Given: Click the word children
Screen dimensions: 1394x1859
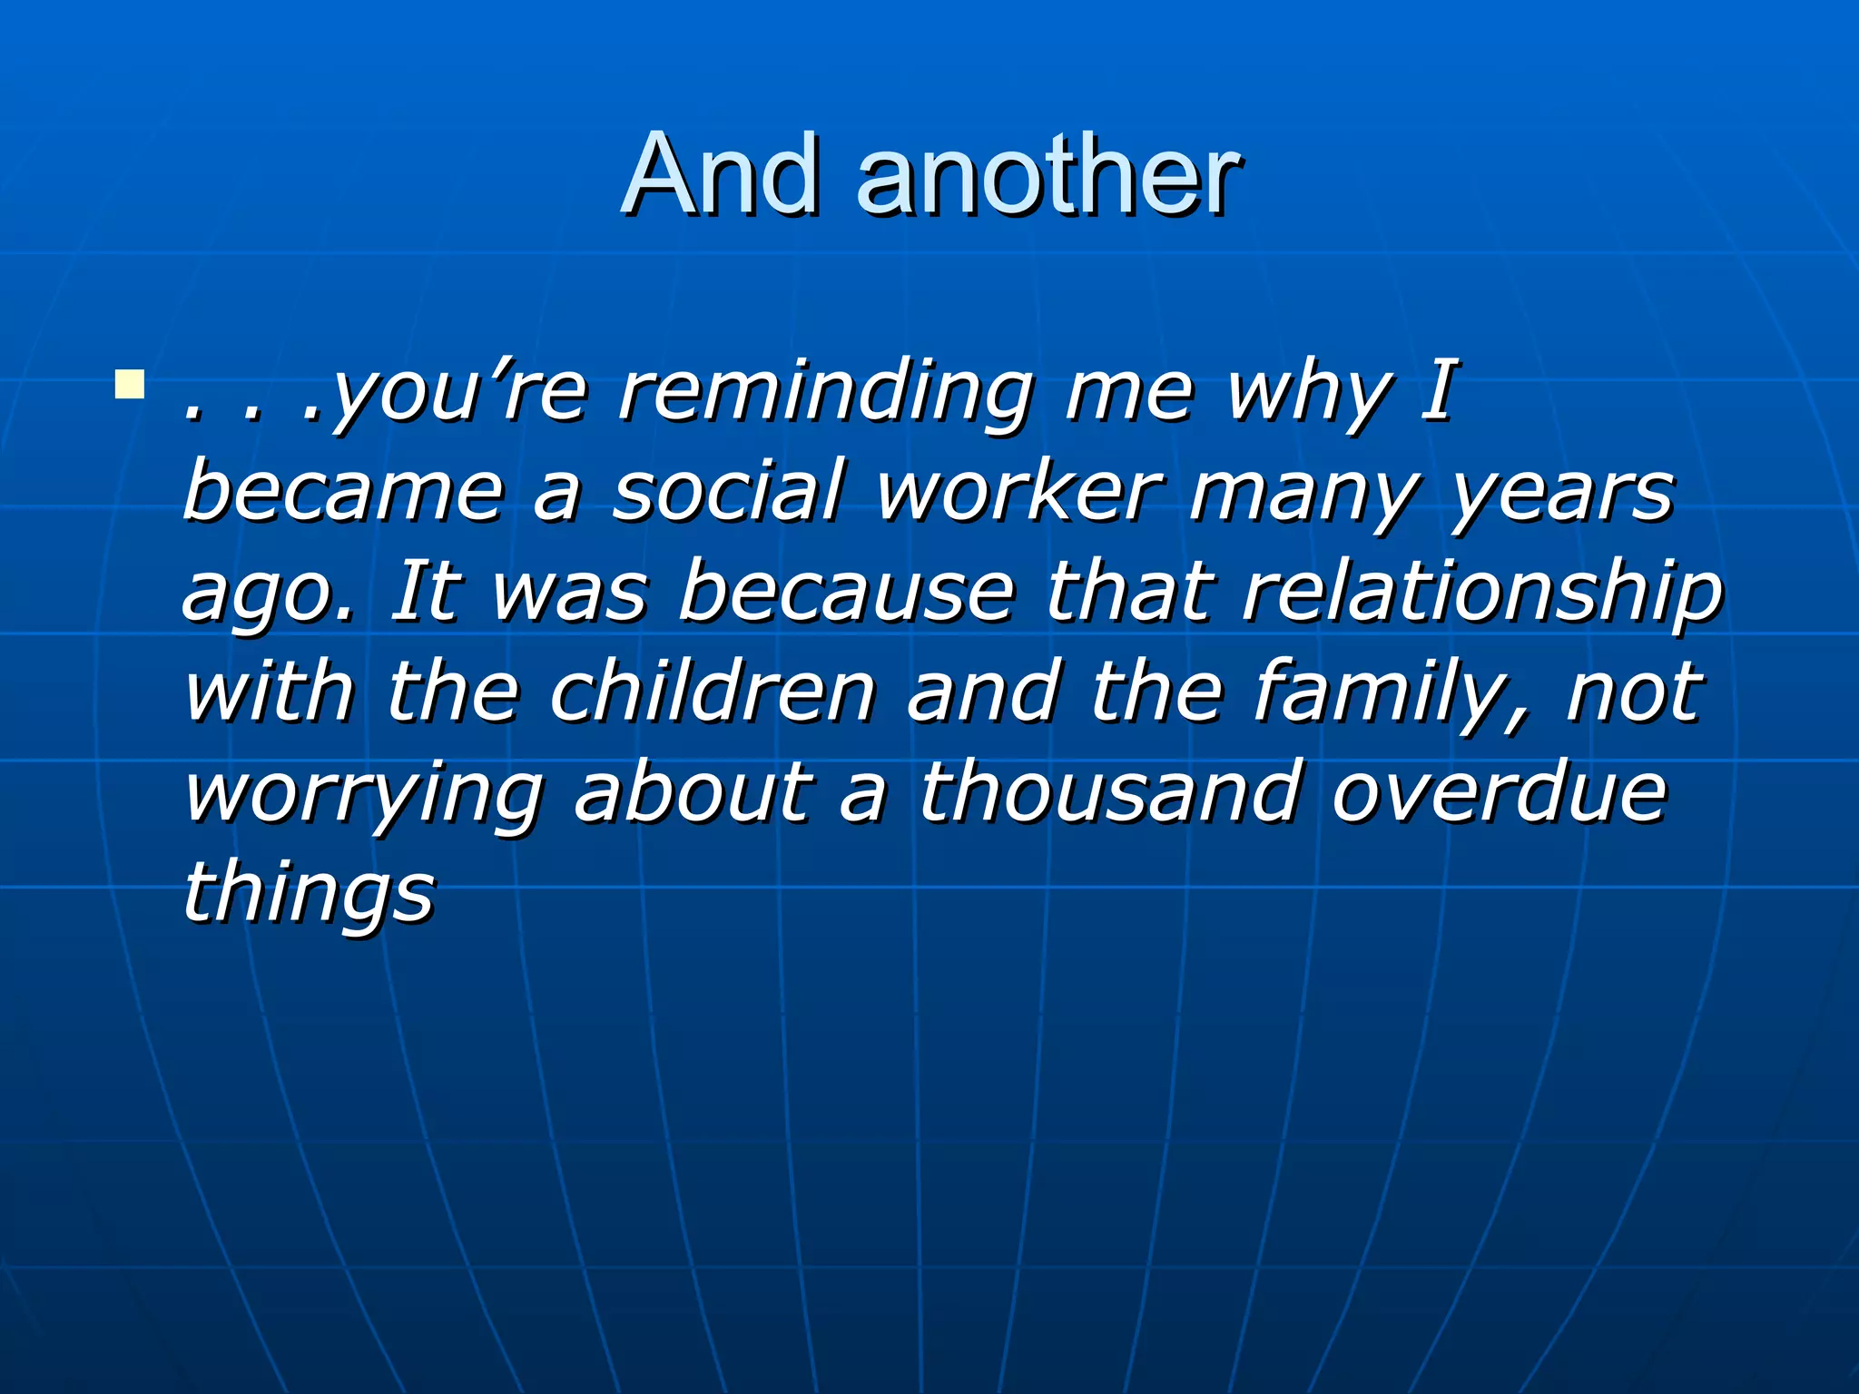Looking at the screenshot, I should [x=712, y=692].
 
